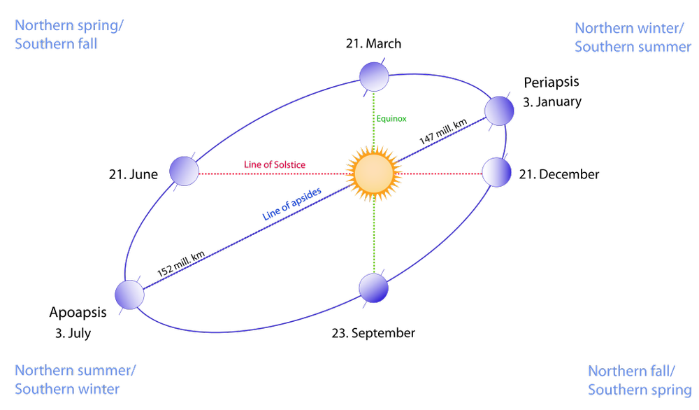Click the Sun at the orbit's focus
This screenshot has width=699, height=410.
tap(373, 174)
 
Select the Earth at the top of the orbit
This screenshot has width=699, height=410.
tap(373, 76)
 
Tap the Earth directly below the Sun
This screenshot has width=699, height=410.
tap(373, 288)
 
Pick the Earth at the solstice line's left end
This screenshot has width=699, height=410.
tap(185, 171)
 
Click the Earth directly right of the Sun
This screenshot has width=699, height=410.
tap(497, 172)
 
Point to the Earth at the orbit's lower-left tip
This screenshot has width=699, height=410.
tap(129, 295)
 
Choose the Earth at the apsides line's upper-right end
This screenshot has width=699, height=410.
tap(499, 111)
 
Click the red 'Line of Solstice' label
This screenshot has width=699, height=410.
tap(274, 165)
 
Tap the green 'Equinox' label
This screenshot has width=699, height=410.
tap(391, 120)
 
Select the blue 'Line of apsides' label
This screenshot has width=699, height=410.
tap(292, 205)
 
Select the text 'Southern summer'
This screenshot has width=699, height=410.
tap(633, 47)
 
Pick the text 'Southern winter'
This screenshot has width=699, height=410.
tap(67, 388)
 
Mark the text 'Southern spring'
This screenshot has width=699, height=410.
tap(639, 390)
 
